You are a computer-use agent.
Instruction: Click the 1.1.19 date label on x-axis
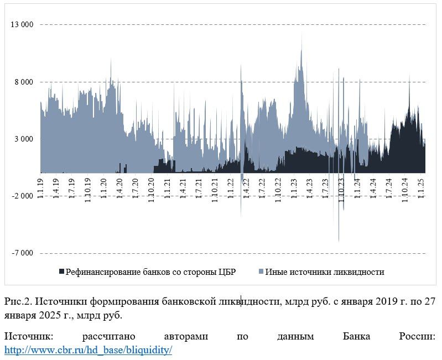click(x=40, y=190)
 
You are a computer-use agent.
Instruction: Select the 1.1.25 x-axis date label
click(x=420, y=190)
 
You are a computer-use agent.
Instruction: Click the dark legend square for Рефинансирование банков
click(x=61, y=272)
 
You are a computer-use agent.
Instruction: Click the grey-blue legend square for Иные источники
click(x=261, y=272)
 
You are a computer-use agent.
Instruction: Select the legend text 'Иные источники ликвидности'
click(x=325, y=272)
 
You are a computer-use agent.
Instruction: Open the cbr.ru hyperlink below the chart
click(x=89, y=350)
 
